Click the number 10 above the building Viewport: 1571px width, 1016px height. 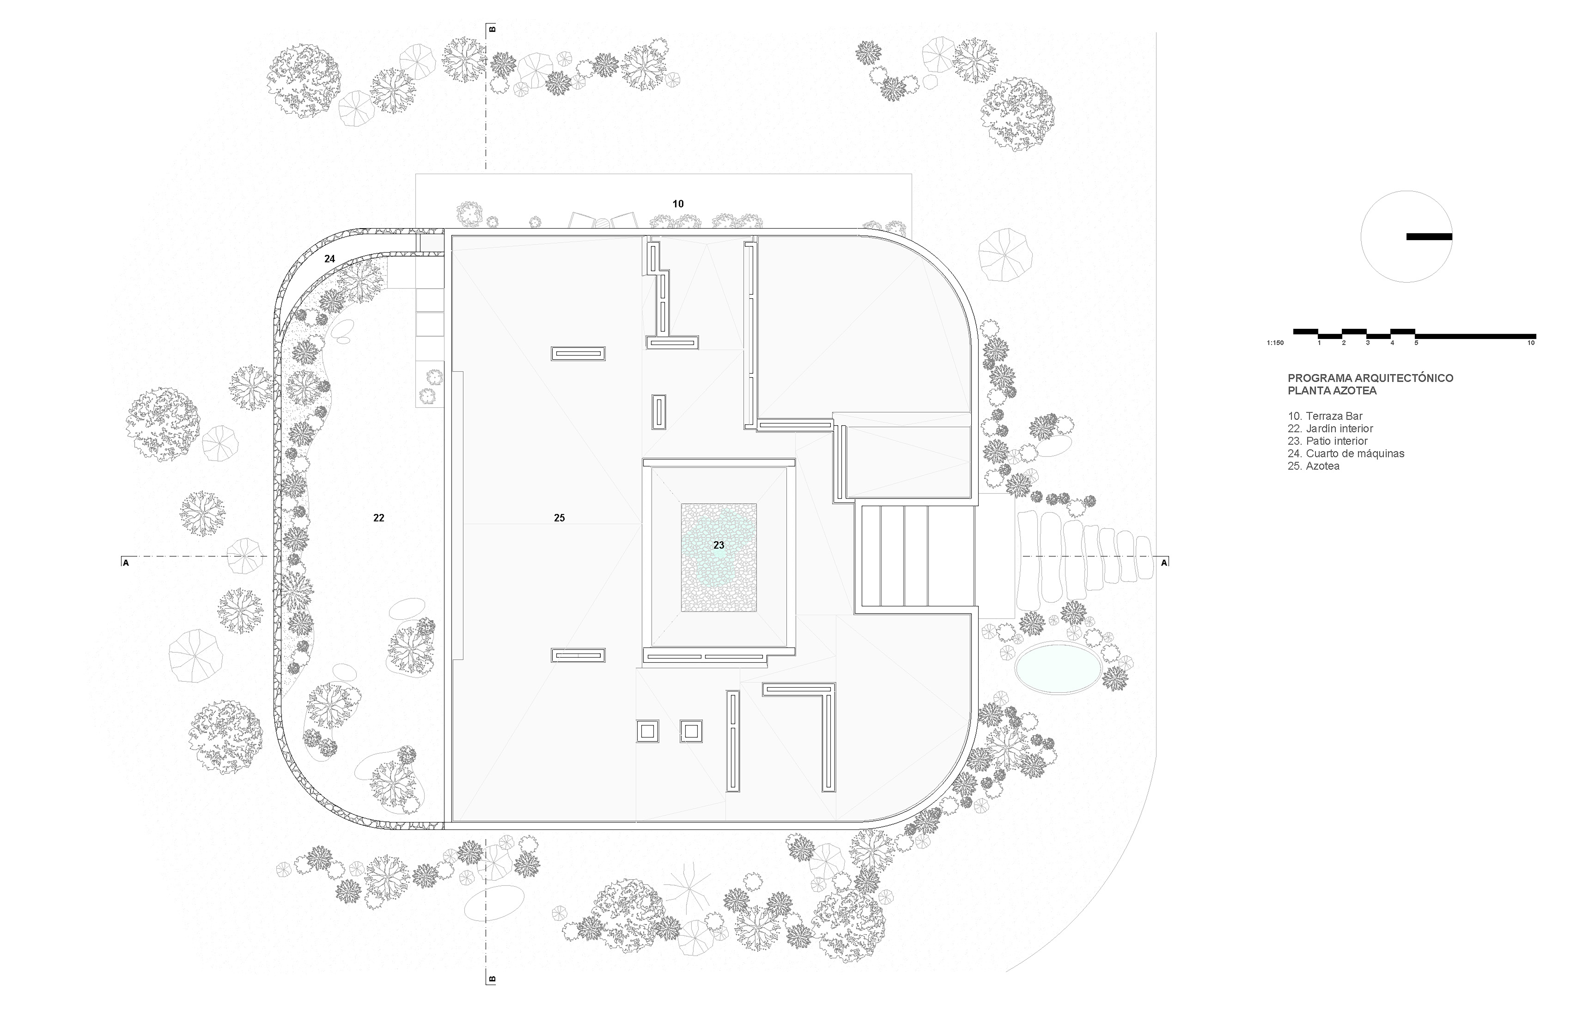pyautogui.click(x=678, y=204)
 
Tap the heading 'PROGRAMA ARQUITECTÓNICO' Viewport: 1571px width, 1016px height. pyautogui.click(x=1370, y=378)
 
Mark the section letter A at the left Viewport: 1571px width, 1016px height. pyautogui.click(x=125, y=563)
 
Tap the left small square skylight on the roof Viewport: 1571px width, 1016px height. pyautogui.click(x=647, y=731)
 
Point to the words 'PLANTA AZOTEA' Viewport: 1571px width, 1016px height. pyautogui.click(x=1332, y=391)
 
